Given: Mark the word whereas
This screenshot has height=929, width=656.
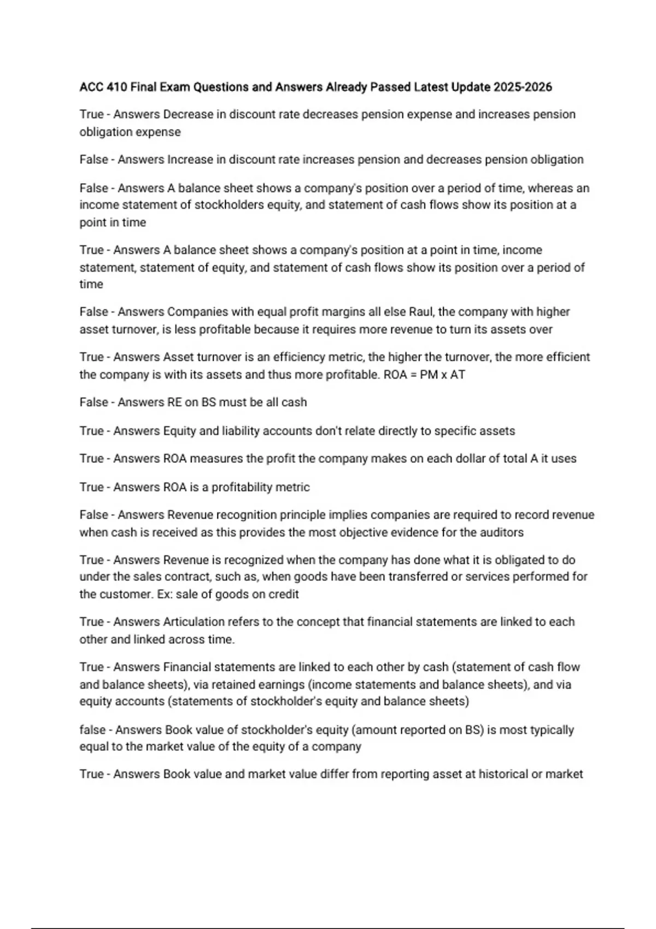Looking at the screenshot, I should pos(550,189).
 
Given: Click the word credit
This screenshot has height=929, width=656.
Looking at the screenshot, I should pos(283,595).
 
